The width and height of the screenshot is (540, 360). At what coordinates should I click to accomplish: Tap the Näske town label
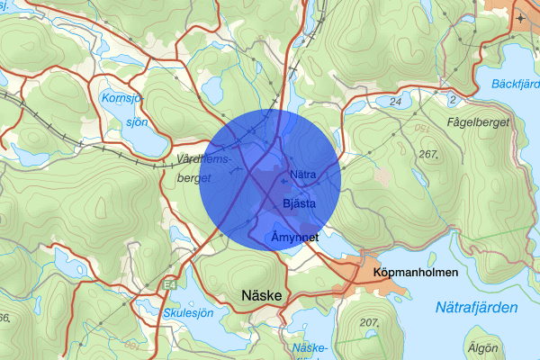(x=262, y=295)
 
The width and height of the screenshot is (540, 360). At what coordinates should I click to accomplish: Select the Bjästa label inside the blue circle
(x=298, y=203)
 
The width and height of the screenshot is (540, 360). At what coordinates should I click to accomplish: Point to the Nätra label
(x=301, y=174)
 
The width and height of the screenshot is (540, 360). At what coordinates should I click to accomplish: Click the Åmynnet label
(x=295, y=237)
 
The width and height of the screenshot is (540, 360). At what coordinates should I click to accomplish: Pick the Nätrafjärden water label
(x=476, y=308)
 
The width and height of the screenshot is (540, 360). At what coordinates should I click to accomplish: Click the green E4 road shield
(x=170, y=285)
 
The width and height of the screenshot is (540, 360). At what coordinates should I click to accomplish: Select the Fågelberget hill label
(x=477, y=121)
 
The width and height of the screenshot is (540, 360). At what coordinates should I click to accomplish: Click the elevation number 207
(x=370, y=322)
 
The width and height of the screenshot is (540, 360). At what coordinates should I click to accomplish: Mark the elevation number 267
(x=428, y=155)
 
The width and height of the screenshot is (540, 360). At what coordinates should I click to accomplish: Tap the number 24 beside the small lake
(x=395, y=102)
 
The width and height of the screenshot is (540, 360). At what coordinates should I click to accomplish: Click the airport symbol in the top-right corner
(x=522, y=17)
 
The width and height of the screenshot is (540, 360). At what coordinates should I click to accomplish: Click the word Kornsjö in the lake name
(x=123, y=97)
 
